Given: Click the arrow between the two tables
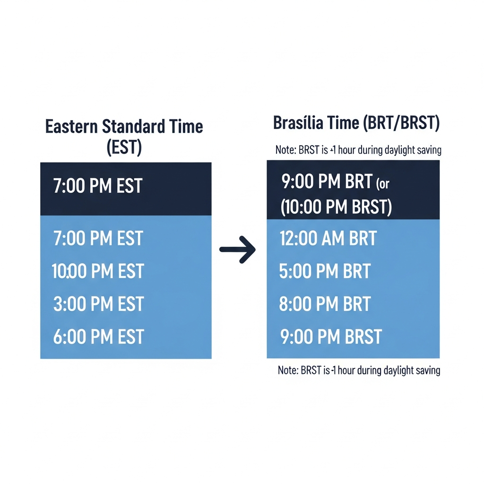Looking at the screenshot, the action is point(237,250).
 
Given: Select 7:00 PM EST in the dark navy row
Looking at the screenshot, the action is point(97,186).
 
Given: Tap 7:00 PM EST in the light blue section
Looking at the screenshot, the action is point(98,238).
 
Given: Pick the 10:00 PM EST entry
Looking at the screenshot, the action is point(97,271).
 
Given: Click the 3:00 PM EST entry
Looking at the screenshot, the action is point(98,304).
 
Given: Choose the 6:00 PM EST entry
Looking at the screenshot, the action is point(98,337).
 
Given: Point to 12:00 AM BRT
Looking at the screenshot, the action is point(328,238).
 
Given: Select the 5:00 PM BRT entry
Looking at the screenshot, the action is point(325,271).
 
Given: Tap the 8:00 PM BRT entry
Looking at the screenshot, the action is point(325,304).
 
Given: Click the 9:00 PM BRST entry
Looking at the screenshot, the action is point(331,337).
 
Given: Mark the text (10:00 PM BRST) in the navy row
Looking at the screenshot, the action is point(336,207).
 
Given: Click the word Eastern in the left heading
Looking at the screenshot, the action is point(71,127).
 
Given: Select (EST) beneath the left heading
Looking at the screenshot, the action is point(124,147).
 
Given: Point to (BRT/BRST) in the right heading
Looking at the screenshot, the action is point(401,123).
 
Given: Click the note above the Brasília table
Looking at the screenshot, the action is point(358,150).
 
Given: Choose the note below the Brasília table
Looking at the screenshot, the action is point(359,370).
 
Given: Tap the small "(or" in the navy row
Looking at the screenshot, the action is point(383,184).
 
